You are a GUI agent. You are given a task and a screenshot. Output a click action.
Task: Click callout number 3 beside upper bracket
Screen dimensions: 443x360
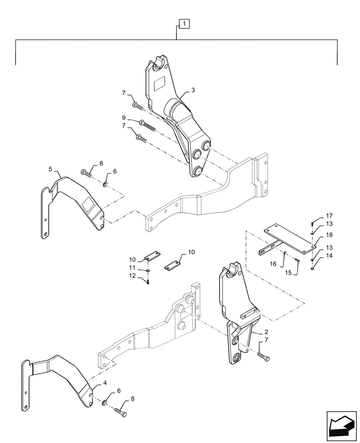[x=193, y=90]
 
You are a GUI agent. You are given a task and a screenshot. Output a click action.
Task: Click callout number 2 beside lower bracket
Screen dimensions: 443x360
[x=266, y=331]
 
